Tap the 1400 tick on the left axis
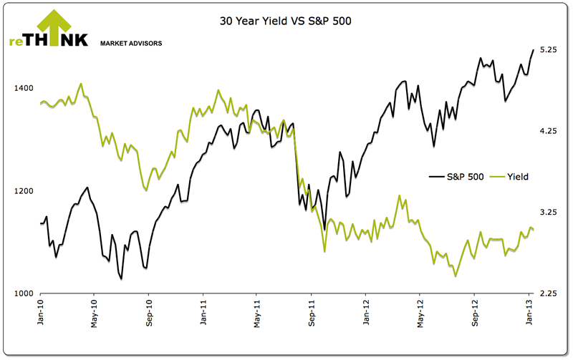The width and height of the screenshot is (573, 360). point(24,88)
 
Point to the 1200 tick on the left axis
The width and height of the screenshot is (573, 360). point(24,191)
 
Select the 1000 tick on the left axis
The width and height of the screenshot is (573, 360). point(24,294)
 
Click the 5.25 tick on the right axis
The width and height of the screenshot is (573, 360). point(549,49)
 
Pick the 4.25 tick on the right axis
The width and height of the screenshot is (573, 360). point(549,131)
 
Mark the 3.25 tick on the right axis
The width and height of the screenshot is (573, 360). point(549,213)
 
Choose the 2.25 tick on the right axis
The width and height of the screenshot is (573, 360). point(549,294)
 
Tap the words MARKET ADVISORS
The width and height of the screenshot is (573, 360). point(131,44)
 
